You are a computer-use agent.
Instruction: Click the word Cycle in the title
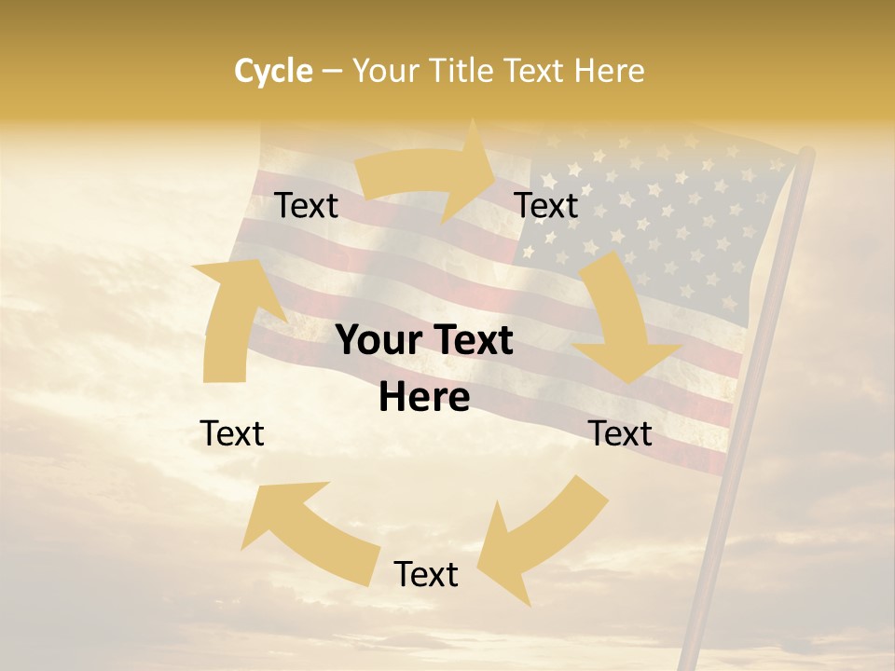[x=273, y=71]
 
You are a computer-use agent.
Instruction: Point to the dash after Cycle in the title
[x=332, y=71]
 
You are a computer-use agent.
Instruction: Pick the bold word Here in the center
[x=424, y=398]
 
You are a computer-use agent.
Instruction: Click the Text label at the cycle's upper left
[x=307, y=206]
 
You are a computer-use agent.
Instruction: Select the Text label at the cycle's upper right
[x=546, y=206]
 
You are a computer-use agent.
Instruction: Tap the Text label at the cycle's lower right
[x=620, y=433]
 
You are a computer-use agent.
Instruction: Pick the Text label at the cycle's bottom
[x=426, y=574]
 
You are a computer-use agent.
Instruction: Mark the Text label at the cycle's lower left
[x=232, y=433]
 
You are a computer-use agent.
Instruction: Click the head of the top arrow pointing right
[x=475, y=171]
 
